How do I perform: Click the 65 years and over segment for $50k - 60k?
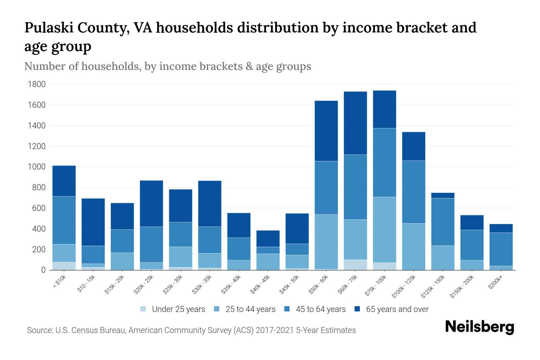(326, 131)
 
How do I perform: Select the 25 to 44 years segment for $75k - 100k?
(384, 229)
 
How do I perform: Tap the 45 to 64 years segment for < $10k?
(64, 220)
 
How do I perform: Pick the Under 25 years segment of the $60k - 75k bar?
(355, 265)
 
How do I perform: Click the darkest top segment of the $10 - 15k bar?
(93, 222)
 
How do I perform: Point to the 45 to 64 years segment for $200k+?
(501, 249)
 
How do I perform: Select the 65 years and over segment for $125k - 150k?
(442, 195)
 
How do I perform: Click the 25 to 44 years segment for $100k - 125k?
(413, 246)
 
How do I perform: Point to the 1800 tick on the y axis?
(37, 84)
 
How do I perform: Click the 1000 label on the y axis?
(37, 167)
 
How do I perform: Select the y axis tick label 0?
(43, 270)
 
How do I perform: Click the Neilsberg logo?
(480, 327)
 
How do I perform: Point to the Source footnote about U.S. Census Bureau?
(191, 330)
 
